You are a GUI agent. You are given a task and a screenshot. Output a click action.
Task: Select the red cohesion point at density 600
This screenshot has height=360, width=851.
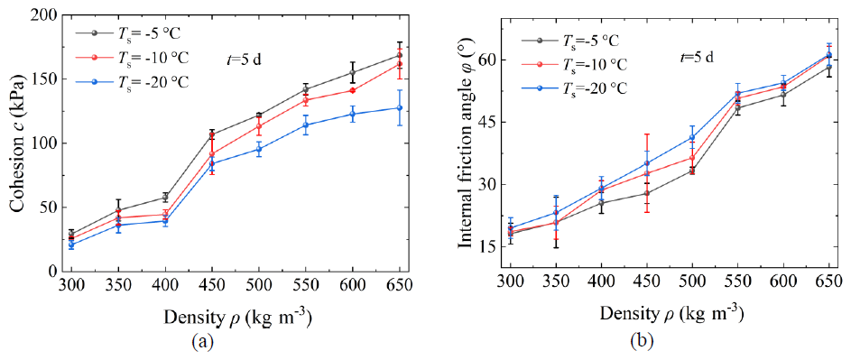353,91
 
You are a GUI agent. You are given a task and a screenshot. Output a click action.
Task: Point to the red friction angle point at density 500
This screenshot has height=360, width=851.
692,158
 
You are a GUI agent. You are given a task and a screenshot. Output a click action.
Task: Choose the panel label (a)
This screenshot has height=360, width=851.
199,341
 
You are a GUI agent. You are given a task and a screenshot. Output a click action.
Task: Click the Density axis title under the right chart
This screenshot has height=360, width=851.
673,313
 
